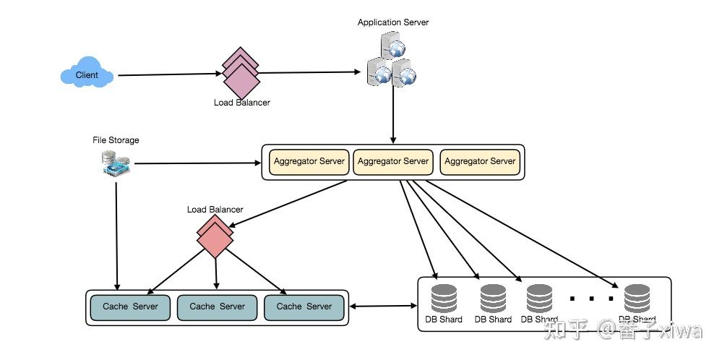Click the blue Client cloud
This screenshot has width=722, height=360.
pyautogui.click(x=87, y=74)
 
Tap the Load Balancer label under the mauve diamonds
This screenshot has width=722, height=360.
pyautogui.click(x=241, y=103)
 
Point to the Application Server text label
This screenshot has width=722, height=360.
pyautogui.click(x=392, y=22)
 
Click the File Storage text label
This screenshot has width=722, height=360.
pyautogui.click(x=116, y=140)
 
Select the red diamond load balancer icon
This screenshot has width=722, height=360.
pyautogui.click(x=215, y=236)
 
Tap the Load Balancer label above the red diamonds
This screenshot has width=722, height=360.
pyautogui.click(x=215, y=210)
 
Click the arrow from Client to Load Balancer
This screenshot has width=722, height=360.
pyautogui.click(x=168, y=74)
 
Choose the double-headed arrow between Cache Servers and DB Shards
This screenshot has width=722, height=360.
pyautogui.click(x=383, y=307)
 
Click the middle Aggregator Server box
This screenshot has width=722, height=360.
pyautogui.click(x=393, y=162)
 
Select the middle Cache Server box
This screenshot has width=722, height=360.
pyautogui.click(x=217, y=307)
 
